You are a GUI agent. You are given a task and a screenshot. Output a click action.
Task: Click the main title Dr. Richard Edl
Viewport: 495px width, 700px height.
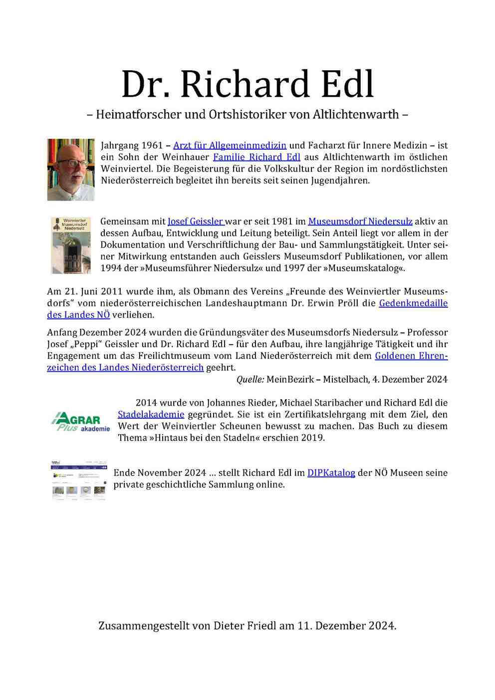coord(247,84)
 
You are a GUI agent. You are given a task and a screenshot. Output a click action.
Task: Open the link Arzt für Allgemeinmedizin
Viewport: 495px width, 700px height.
coord(230,145)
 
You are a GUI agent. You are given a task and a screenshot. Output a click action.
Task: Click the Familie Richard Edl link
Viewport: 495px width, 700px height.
coord(256,157)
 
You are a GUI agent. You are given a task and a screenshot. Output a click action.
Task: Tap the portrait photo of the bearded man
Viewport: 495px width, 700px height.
coord(71,170)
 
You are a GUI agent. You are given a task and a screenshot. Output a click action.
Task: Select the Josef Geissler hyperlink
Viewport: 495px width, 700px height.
coord(196,221)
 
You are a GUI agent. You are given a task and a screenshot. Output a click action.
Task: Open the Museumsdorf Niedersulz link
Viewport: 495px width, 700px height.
coord(360,221)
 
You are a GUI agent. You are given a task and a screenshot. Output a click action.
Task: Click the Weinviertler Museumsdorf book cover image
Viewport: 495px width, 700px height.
coord(71,245)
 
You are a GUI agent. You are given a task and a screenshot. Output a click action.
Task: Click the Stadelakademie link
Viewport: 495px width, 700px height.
coord(151,414)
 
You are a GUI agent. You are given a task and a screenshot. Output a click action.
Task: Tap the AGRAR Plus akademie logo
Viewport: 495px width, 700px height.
coord(80,422)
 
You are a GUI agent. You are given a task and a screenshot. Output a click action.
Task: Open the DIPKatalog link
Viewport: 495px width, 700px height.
coord(331,472)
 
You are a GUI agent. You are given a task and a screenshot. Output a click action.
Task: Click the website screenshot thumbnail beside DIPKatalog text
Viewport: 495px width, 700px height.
coord(79,480)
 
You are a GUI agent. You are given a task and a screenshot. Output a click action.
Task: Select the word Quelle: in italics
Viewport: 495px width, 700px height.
coord(250,379)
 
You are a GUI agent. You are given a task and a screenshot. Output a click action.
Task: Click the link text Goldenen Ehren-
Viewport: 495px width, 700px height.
coord(411,356)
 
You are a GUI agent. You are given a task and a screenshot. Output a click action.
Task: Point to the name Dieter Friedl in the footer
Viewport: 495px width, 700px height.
coord(245,625)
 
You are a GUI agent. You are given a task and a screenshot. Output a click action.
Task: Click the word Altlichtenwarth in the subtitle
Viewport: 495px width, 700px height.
coord(356,114)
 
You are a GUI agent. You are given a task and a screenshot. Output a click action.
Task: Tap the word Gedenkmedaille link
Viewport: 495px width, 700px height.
coord(413,303)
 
